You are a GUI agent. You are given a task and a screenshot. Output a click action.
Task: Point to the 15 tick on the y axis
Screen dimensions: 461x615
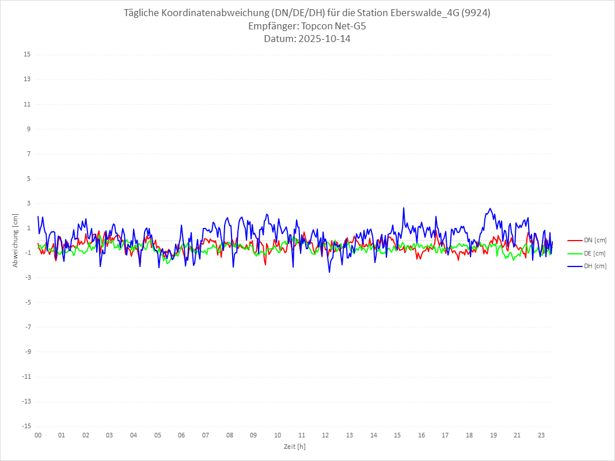point(27,55)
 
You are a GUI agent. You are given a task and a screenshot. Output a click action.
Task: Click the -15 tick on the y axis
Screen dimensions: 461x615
point(26,426)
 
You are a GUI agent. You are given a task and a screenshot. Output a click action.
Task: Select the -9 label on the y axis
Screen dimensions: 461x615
point(27,352)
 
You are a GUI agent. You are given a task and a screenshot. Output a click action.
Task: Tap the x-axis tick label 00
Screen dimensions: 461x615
point(38,435)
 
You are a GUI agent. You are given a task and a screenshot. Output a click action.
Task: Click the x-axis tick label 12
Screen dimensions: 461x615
point(325,435)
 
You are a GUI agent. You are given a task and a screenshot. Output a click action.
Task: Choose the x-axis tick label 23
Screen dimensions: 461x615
point(541,435)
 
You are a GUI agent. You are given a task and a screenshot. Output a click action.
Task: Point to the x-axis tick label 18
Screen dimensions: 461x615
point(469,435)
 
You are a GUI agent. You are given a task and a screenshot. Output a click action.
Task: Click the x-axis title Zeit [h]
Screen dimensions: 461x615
point(294,446)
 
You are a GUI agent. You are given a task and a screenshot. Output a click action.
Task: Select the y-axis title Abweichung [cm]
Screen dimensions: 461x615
point(16,240)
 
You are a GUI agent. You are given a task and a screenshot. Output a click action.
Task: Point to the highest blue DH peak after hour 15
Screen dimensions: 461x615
point(404,208)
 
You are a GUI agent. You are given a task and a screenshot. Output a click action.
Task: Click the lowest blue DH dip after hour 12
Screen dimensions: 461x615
point(329,272)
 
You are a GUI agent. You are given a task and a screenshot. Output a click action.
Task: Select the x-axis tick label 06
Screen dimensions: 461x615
point(181,435)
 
